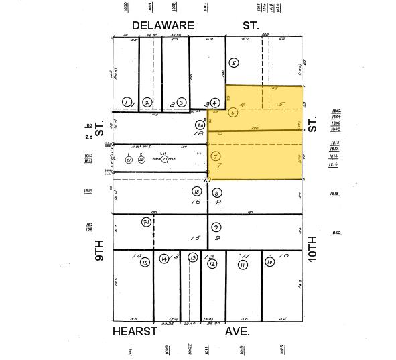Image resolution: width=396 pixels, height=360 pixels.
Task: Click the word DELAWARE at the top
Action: pos(163,25)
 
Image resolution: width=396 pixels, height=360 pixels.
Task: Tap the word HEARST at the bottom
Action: pos(135,331)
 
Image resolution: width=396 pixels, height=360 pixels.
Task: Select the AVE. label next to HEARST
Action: pos(237,331)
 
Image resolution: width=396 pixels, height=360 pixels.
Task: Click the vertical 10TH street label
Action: pos(312,246)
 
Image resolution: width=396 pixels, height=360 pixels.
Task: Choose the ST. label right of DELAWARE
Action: pos(251,25)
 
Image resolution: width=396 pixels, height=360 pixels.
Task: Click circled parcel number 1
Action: pos(126,102)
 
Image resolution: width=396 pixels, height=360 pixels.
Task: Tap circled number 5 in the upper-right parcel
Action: pos(234,63)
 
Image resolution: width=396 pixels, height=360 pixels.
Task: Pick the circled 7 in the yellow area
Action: pos(215,156)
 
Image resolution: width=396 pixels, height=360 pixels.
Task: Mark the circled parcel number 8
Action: pos(216,193)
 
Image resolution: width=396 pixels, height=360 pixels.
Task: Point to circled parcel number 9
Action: pos(216,227)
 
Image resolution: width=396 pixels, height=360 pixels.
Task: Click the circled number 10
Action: pos(270,263)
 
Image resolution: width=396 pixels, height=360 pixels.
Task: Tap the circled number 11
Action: pos(242,264)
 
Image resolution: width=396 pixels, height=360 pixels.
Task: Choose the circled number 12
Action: pos(212,264)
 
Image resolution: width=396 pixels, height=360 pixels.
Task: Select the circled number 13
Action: pos(193,258)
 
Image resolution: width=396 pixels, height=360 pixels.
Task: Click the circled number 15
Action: pos(145,263)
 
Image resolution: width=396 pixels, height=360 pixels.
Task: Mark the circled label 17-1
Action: pos(145,221)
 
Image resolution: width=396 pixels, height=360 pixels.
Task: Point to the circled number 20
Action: pos(200,125)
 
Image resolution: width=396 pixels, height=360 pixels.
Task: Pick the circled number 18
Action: pos(197,192)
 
